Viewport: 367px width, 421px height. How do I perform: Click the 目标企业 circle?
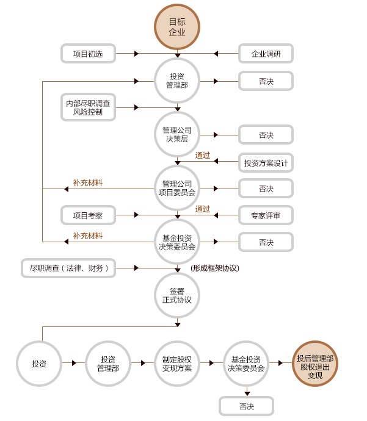click(177, 27)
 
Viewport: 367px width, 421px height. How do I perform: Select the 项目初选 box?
click(88, 54)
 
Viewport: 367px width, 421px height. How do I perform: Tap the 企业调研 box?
click(266, 54)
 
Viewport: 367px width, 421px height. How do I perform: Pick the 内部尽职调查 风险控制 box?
click(88, 107)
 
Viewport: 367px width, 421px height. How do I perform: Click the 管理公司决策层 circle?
click(177, 134)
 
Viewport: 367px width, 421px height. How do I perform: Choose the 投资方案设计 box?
click(266, 163)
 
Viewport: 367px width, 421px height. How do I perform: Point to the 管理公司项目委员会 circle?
click(177, 188)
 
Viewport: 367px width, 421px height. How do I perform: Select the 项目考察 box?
click(88, 215)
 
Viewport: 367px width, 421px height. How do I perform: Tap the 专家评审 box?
click(266, 215)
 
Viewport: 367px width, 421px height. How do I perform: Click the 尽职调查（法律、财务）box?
click(68, 268)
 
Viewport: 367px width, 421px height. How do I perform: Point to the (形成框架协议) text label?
click(214, 268)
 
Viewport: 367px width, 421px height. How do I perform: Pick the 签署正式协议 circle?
click(177, 295)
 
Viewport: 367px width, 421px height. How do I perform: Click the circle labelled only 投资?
click(39, 364)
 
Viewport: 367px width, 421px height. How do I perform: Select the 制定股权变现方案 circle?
click(177, 364)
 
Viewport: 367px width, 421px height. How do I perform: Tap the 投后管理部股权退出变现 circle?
click(315, 364)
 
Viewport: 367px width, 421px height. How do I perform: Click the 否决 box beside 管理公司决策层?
click(266, 135)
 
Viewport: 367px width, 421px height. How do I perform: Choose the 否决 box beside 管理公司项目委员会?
click(266, 189)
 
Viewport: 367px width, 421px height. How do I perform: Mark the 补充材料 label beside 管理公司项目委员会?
click(88, 182)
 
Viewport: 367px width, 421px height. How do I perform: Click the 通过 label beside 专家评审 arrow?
click(203, 209)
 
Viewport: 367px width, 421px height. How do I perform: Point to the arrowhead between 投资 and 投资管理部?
click(74, 363)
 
